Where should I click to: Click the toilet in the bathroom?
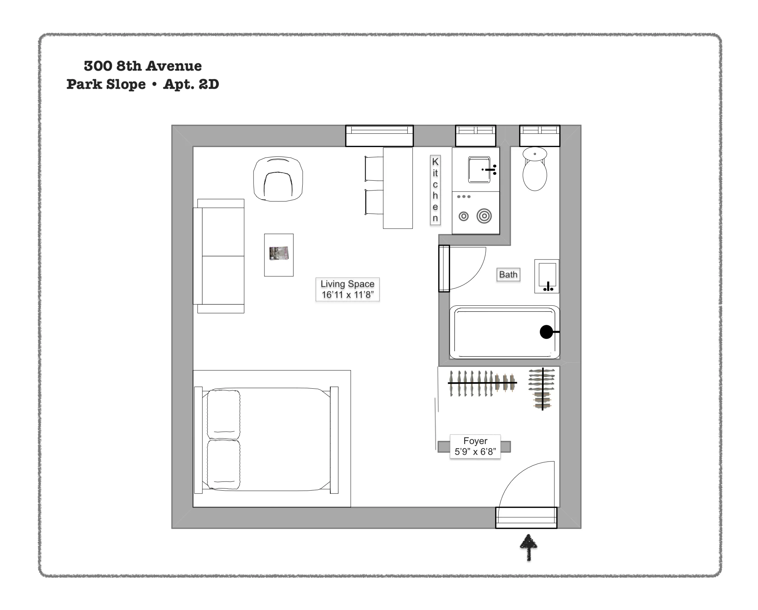pyautogui.click(x=535, y=171)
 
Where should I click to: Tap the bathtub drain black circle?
pyautogui.click(x=546, y=332)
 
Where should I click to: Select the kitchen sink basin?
pyautogui.click(x=478, y=170)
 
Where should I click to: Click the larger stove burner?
pyautogui.click(x=484, y=216)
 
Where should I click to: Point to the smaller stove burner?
pyautogui.click(x=463, y=216)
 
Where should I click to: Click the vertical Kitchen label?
pyautogui.click(x=435, y=190)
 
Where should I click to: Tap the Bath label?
pyautogui.click(x=508, y=275)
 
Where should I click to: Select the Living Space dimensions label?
pyautogui.click(x=347, y=289)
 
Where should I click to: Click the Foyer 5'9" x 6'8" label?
pyautogui.click(x=475, y=446)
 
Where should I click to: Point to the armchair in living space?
pyautogui.click(x=278, y=179)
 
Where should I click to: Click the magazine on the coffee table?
pyautogui.click(x=279, y=253)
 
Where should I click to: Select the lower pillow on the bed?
pyautogui.click(x=223, y=464)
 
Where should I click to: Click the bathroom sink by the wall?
pyautogui.click(x=547, y=276)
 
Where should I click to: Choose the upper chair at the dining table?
pyautogui.click(x=374, y=169)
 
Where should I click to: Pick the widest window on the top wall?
pyautogui.click(x=379, y=136)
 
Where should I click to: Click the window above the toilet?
pyautogui.click(x=540, y=136)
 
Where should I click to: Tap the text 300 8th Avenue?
pyautogui.click(x=143, y=66)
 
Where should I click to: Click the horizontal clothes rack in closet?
pyautogui.click(x=482, y=383)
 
